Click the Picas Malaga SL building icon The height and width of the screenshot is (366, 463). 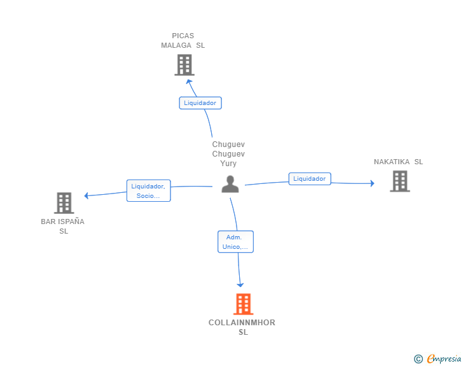[184, 65]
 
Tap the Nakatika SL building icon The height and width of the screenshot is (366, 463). [399, 181]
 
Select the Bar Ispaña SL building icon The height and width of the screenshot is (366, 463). [64, 203]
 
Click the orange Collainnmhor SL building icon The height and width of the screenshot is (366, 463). [243, 304]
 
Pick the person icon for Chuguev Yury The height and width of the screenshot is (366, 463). [230, 184]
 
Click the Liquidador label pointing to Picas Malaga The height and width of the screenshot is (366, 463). [200, 102]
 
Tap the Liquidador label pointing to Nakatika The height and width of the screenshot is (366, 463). [310, 179]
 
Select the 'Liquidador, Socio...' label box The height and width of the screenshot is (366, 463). [149, 191]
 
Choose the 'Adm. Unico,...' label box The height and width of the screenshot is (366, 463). [235, 242]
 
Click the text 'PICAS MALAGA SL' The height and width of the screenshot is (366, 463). [183, 41]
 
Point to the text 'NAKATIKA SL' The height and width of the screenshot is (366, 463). [398, 162]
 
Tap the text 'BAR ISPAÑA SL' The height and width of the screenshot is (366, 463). [63, 227]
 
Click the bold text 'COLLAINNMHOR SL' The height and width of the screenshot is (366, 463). [242, 327]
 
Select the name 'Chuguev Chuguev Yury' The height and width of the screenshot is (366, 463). [228, 154]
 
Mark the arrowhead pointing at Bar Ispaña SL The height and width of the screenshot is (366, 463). [87, 195]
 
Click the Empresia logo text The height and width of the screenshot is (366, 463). [444, 359]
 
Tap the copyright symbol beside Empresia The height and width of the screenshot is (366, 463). [418, 359]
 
